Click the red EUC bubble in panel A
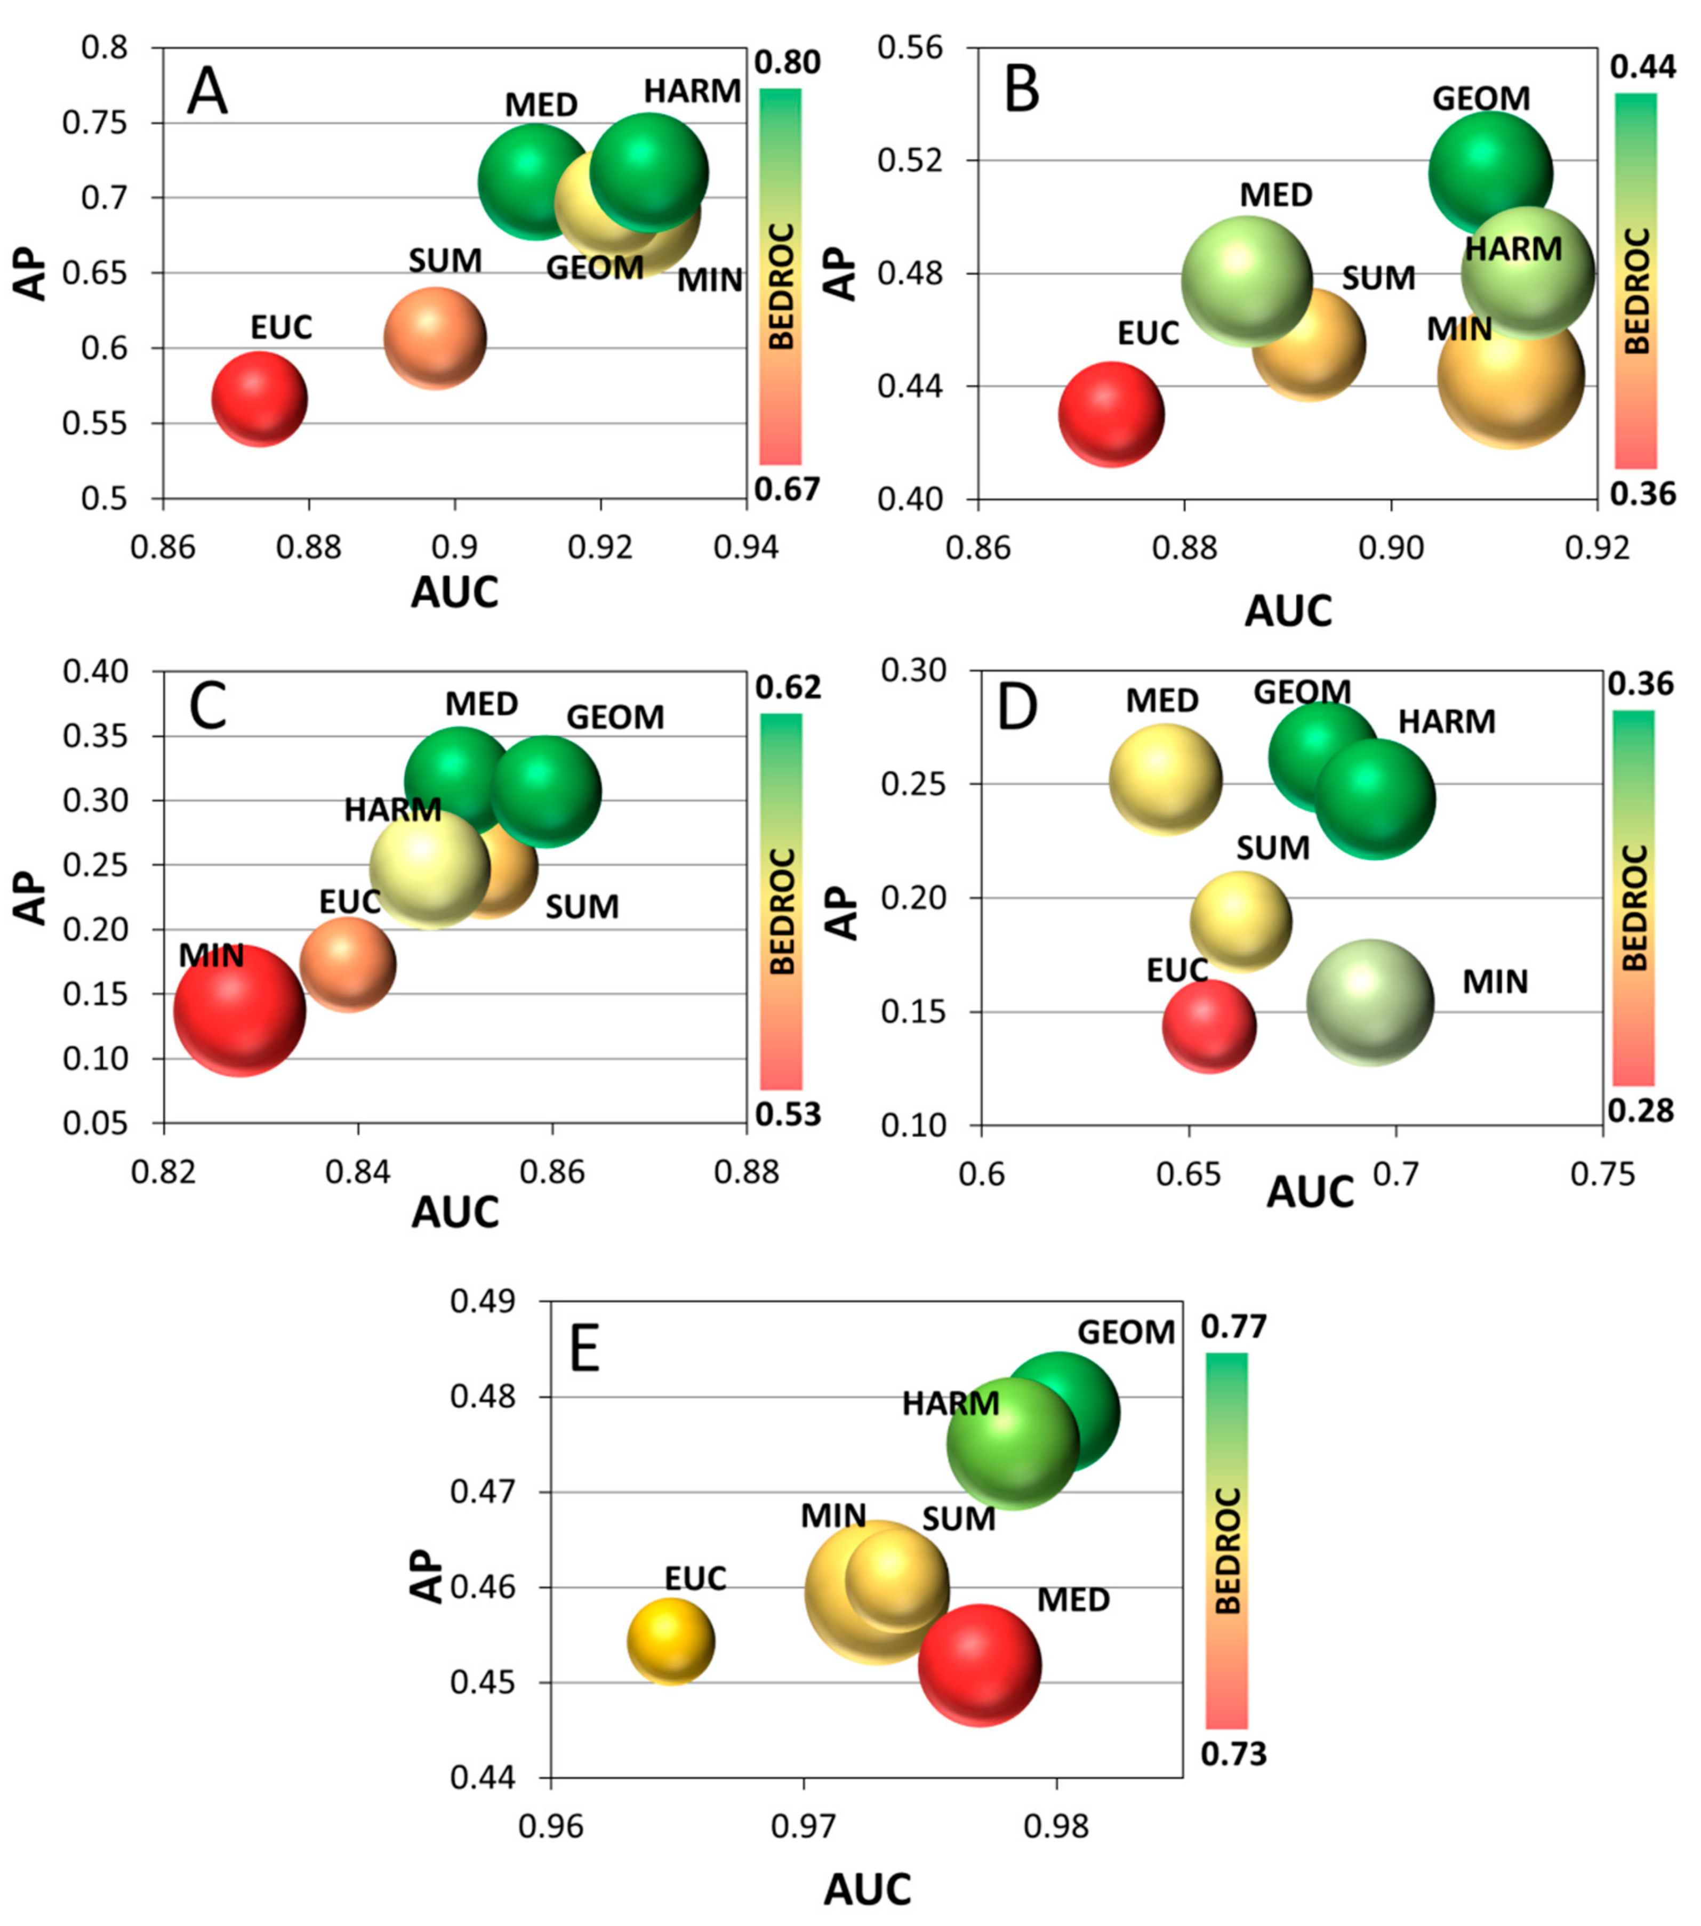259,399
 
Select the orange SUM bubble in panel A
435,339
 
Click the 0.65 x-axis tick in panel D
1189,1174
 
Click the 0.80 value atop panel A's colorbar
788,63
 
